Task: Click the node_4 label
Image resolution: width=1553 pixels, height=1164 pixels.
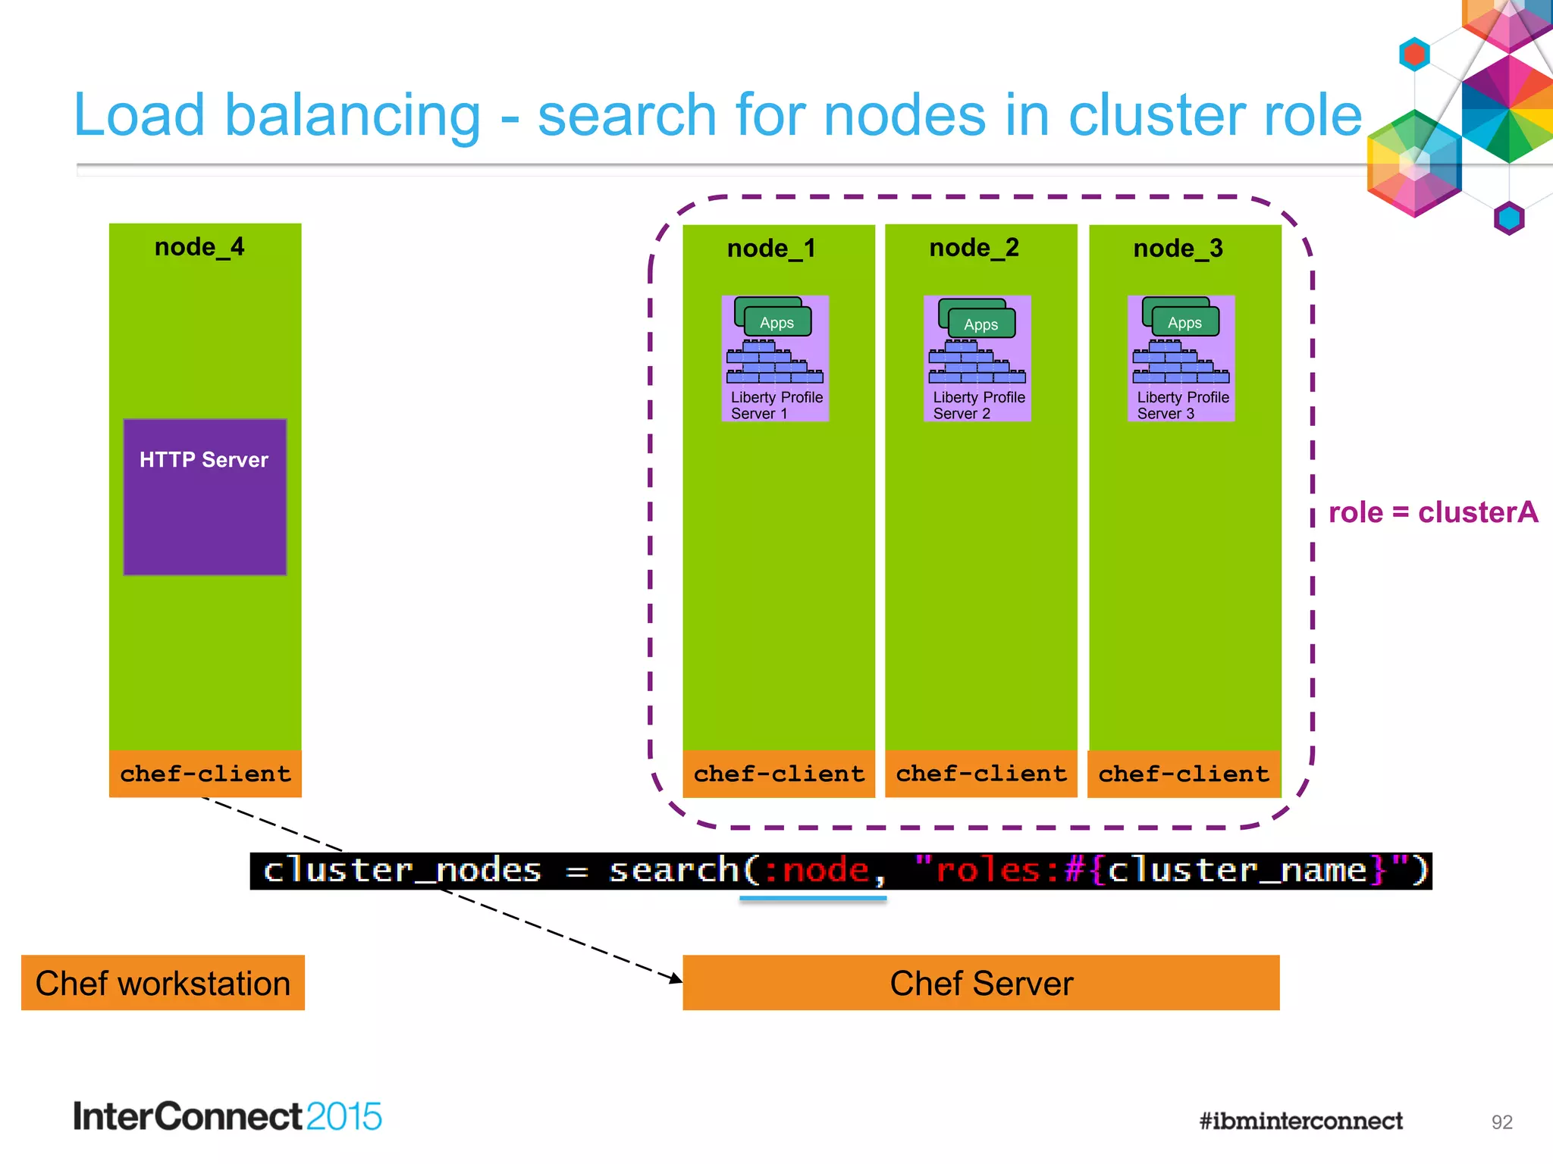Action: pyautogui.click(x=199, y=247)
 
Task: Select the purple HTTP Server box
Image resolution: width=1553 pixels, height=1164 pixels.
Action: pyautogui.click(x=205, y=497)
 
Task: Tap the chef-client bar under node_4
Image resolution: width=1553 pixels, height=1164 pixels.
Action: pyautogui.click(x=205, y=774)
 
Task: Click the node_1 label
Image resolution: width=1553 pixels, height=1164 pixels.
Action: pyautogui.click(x=771, y=249)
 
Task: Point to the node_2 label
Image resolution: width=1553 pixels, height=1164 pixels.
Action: pyautogui.click(x=974, y=248)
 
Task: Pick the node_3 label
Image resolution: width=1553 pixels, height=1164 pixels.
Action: pyautogui.click(x=1178, y=249)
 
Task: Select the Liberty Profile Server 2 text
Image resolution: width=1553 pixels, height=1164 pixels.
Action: pyautogui.click(x=978, y=405)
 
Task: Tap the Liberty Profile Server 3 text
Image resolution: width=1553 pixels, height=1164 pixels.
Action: pyautogui.click(x=1182, y=405)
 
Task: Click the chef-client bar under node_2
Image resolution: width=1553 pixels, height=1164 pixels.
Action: pyautogui.click(x=981, y=774)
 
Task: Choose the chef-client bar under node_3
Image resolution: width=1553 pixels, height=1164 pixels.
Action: pyautogui.click(x=1184, y=774)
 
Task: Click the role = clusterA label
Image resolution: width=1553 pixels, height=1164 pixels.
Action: pyautogui.click(x=1433, y=513)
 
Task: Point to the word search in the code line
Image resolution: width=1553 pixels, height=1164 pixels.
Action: pyautogui.click(x=674, y=870)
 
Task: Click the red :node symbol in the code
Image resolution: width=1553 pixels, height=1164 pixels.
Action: pyautogui.click(x=817, y=870)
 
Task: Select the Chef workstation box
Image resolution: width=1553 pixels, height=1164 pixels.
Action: pyautogui.click(x=163, y=983)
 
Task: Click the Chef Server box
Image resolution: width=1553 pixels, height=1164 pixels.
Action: pyautogui.click(x=981, y=983)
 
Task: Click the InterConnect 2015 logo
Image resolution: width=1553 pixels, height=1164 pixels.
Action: pyautogui.click(x=227, y=1116)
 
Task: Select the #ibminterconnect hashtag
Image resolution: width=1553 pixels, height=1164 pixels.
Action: pyautogui.click(x=1300, y=1121)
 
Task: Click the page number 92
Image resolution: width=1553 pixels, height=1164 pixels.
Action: pyautogui.click(x=1501, y=1122)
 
